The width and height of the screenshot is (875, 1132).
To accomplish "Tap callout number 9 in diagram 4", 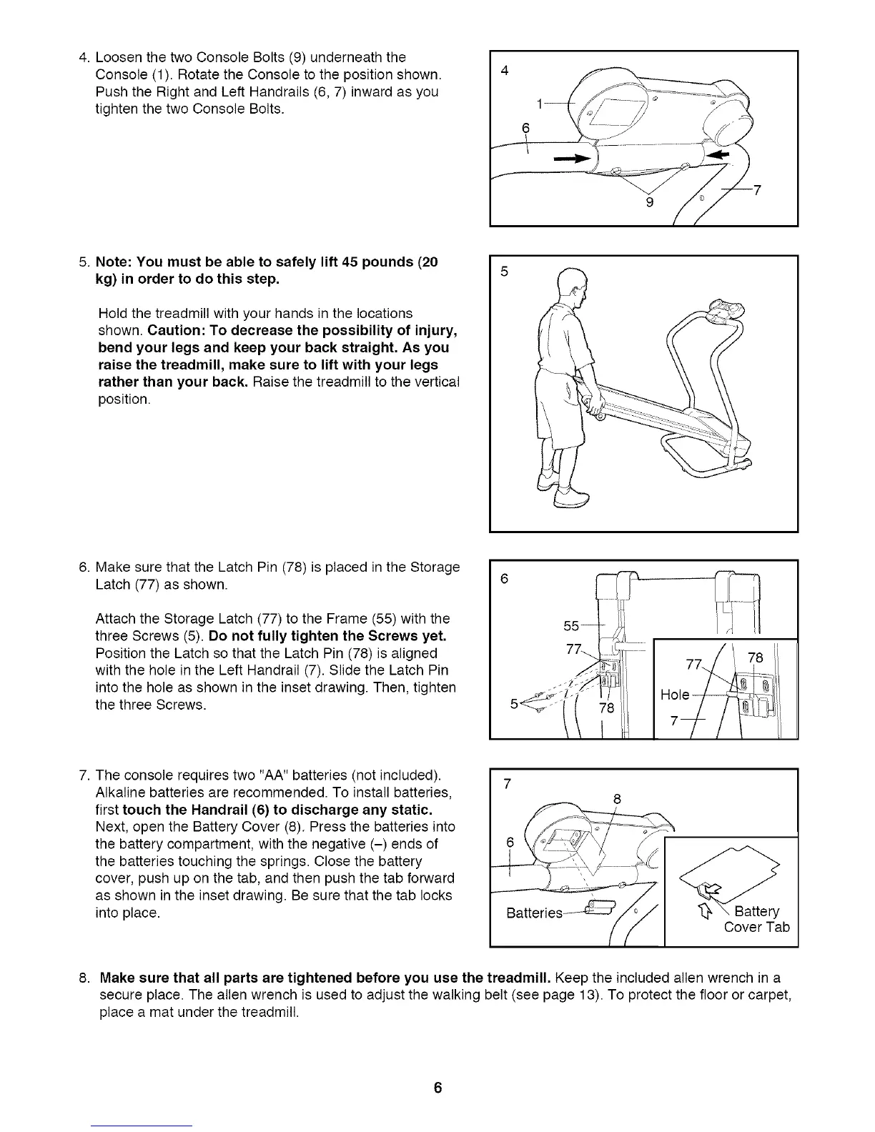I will click(649, 201).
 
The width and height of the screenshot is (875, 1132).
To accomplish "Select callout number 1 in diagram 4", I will click(538, 104).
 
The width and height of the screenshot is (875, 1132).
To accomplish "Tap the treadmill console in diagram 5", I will click(723, 309).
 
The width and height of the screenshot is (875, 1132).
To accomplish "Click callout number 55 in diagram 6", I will click(571, 626).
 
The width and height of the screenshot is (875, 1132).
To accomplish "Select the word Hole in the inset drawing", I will click(675, 695).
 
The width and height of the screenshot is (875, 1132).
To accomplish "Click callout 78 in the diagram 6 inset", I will click(755, 657).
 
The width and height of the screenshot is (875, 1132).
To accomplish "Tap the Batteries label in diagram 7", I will click(533, 914).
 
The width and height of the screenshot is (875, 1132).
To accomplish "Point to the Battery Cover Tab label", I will click(756, 919).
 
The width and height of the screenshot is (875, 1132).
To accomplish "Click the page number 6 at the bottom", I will click(437, 1088).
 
